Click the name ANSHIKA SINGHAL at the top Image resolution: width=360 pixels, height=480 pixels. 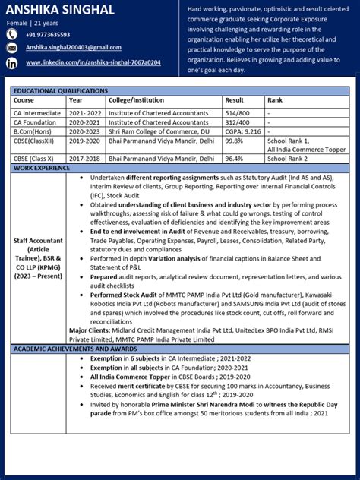tap(61, 10)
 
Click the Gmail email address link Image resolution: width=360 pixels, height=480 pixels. tap(74, 47)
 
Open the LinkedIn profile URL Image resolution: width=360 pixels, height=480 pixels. tap(93, 62)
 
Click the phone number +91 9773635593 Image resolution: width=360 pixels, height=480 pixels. tap(48, 34)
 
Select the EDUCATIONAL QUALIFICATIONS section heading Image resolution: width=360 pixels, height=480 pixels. tap(61, 91)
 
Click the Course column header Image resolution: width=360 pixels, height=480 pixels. tap(24, 100)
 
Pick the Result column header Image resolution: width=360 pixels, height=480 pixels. tap(235, 100)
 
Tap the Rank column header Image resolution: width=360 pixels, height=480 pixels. tap(275, 100)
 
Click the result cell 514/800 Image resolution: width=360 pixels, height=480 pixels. tap(238, 112)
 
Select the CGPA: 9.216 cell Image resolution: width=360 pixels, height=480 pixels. tap(243, 131)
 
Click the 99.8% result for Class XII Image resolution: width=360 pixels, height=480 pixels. tap(234, 141)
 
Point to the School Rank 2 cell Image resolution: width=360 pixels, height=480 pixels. tap(288, 159)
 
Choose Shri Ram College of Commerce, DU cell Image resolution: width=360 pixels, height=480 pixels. tap(157, 131)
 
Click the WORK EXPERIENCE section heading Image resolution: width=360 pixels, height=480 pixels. tap(42, 168)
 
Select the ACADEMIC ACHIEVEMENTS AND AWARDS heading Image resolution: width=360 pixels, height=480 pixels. tap(73, 348)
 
